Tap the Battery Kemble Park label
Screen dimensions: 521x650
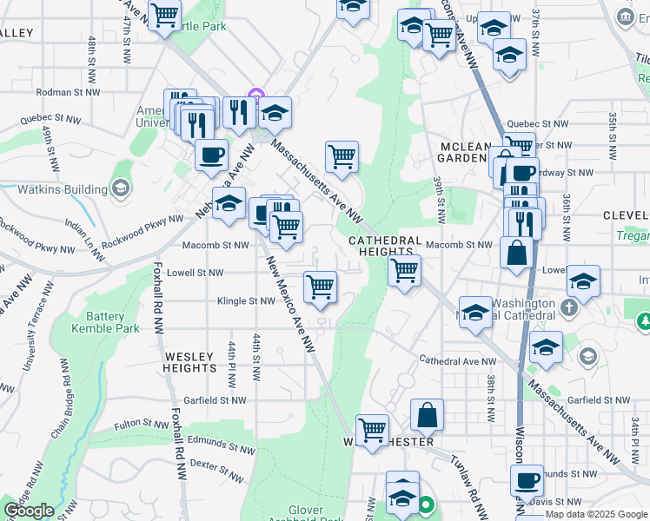(x=112, y=323)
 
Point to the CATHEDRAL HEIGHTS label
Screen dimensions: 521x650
(x=385, y=246)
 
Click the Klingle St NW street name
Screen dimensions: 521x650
(x=246, y=301)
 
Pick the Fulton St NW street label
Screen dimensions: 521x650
(x=143, y=425)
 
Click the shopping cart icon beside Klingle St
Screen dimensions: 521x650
(x=321, y=286)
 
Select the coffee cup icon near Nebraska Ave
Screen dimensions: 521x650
(x=211, y=155)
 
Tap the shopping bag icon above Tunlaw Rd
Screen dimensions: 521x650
(x=428, y=414)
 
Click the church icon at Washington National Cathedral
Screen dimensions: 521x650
(x=568, y=308)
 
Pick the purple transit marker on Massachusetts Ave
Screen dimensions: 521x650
(x=255, y=94)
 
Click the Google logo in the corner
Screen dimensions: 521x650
(x=29, y=511)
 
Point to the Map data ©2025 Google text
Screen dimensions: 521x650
(x=596, y=514)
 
